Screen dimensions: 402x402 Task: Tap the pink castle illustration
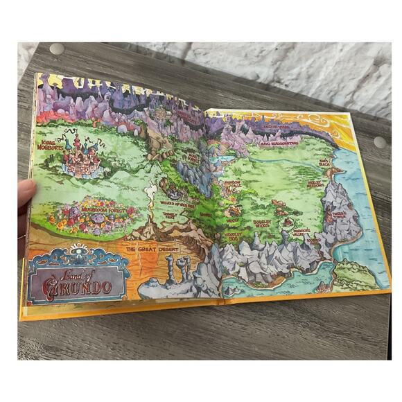82,157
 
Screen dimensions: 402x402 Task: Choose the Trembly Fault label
169,216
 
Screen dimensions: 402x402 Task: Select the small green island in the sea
355,275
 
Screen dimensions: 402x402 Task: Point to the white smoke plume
149,192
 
